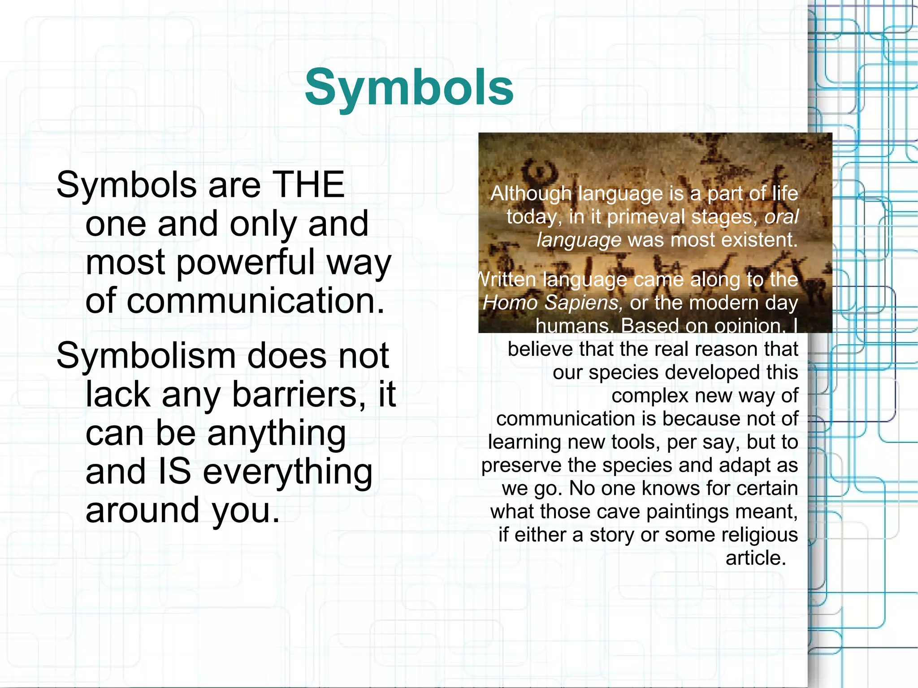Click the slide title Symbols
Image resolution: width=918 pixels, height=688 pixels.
point(409,88)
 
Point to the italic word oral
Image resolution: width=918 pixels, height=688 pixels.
point(781,217)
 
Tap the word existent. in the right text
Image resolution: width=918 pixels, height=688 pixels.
point(759,240)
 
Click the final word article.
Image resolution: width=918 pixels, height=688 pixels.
point(756,558)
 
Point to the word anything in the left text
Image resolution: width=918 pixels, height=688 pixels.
point(276,433)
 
